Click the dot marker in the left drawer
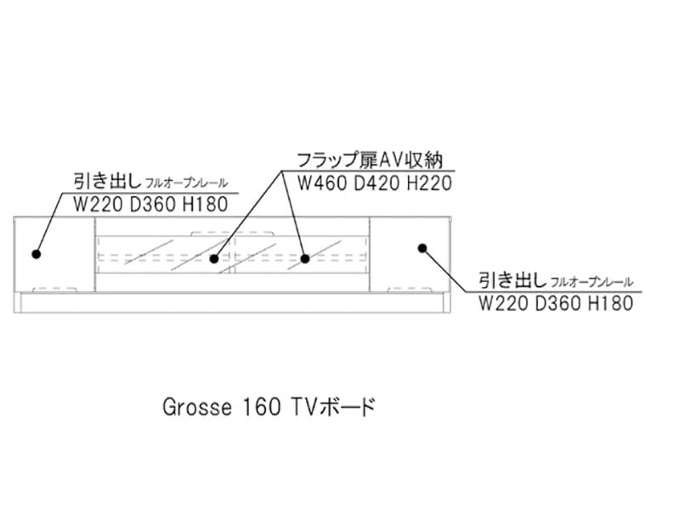click(x=37, y=253)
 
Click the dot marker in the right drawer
click(x=421, y=247)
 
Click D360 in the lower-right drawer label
click(x=557, y=303)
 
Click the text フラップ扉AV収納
click(x=370, y=161)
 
